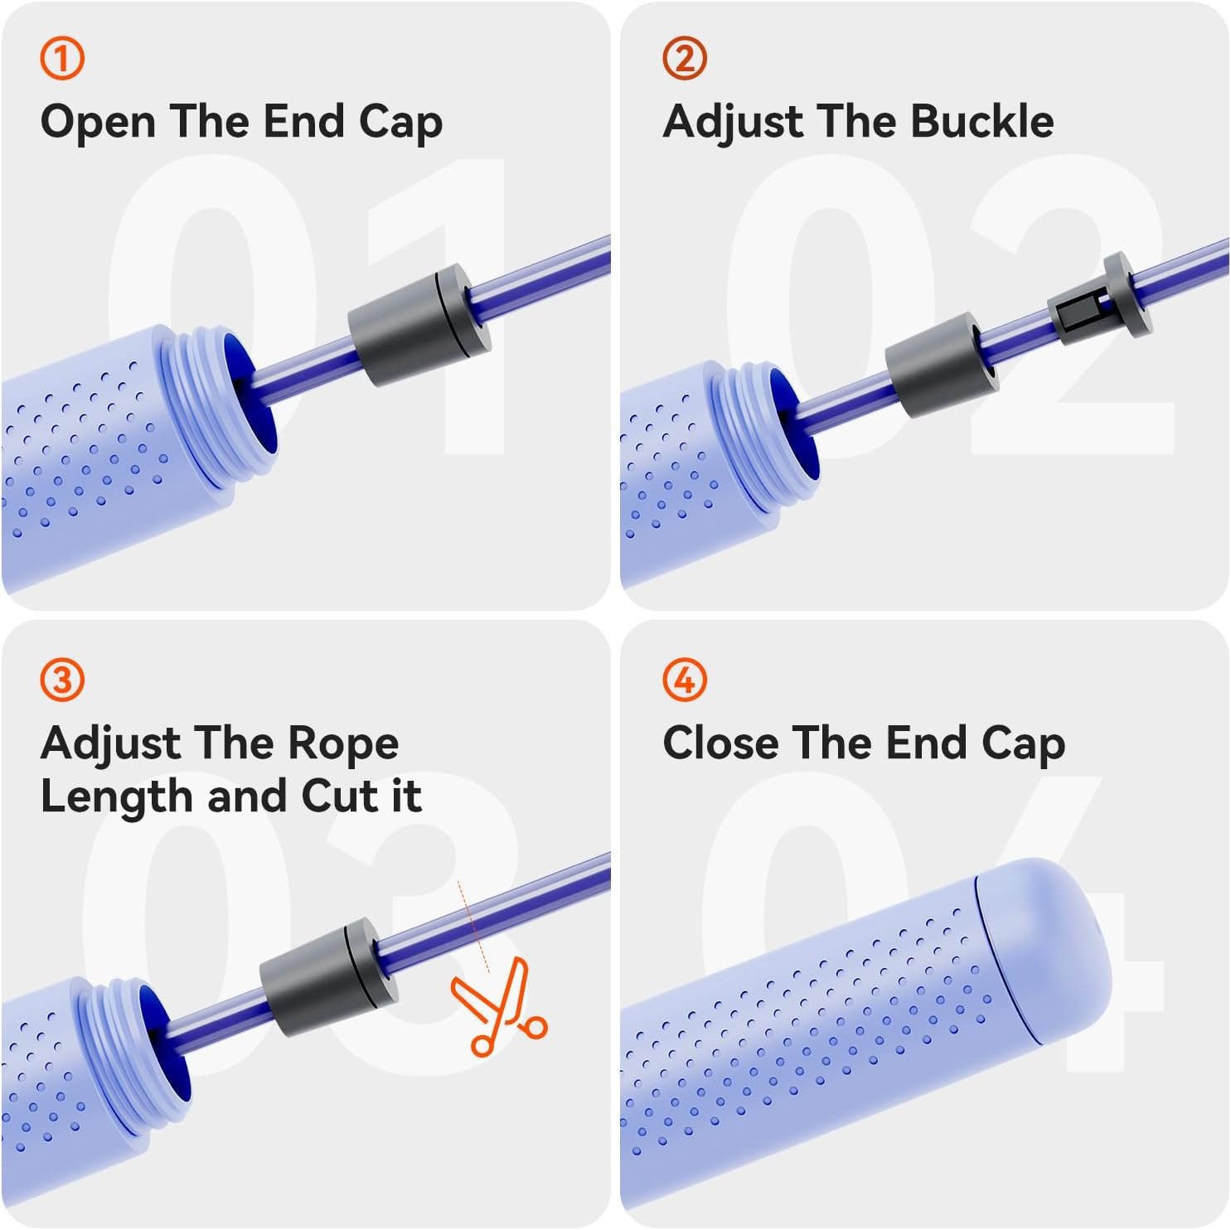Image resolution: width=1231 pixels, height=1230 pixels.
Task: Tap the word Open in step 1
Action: point(99,123)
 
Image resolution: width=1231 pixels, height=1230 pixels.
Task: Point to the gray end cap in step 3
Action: point(329,977)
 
